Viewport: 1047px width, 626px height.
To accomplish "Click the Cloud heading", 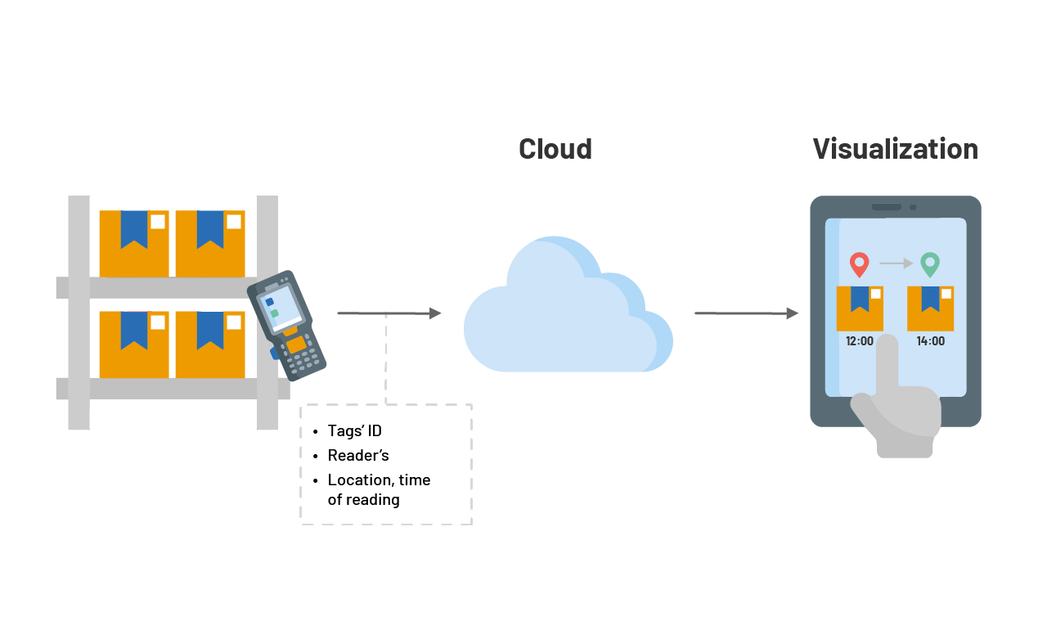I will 555,149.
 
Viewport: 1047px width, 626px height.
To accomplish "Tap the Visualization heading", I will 895,149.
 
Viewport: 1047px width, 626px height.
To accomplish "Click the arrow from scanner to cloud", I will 389,313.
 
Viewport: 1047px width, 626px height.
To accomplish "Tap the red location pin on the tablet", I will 859,263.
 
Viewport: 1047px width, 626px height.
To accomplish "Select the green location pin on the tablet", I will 930,263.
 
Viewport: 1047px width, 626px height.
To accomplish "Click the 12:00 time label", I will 860,341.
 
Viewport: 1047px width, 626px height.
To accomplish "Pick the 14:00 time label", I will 930,341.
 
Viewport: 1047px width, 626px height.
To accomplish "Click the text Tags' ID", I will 354,431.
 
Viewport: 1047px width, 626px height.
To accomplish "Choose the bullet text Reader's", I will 357,455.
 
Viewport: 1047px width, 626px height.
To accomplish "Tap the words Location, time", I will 379,480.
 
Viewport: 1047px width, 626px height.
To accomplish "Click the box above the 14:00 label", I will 930,308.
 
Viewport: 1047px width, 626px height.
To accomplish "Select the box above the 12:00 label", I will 860,308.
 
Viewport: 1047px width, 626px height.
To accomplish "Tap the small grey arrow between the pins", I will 896,263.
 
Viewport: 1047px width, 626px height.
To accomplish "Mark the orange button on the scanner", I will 295,345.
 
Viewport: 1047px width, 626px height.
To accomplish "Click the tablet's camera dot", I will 913,207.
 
